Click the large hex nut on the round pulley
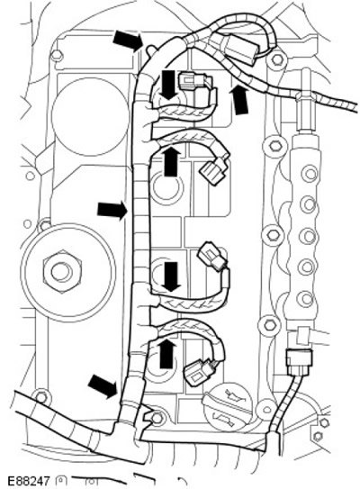click(x=62, y=272)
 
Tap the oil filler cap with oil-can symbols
click(x=227, y=409)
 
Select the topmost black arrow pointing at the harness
click(x=128, y=41)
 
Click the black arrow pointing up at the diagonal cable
click(x=239, y=100)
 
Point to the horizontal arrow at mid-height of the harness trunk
click(x=112, y=210)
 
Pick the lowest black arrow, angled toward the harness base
click(x=103, y=385)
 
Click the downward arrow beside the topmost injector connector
click(x=168, y=85)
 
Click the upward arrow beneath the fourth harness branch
click(x=166, y=353)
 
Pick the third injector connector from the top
click(x=212, y=257)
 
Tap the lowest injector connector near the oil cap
click(x=200, y=372)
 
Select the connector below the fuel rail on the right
click(x=299, y=363)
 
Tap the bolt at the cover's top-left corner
click(x=57, y=56)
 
